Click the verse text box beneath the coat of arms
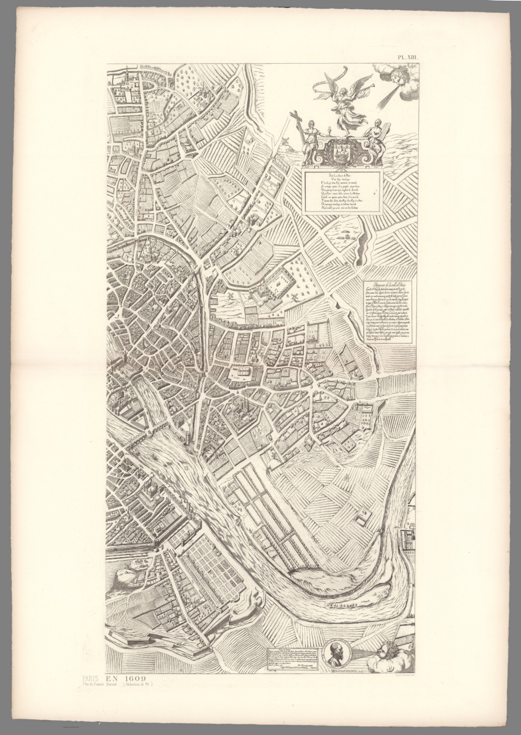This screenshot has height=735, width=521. point(342,190)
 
